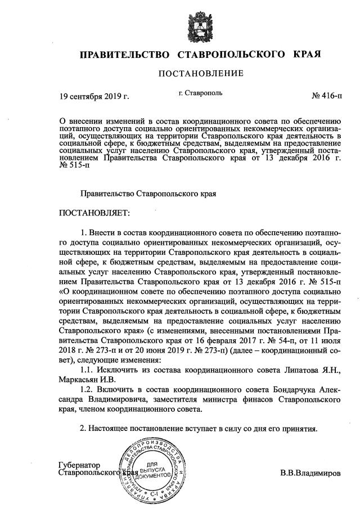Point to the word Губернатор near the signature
[79, 465]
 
